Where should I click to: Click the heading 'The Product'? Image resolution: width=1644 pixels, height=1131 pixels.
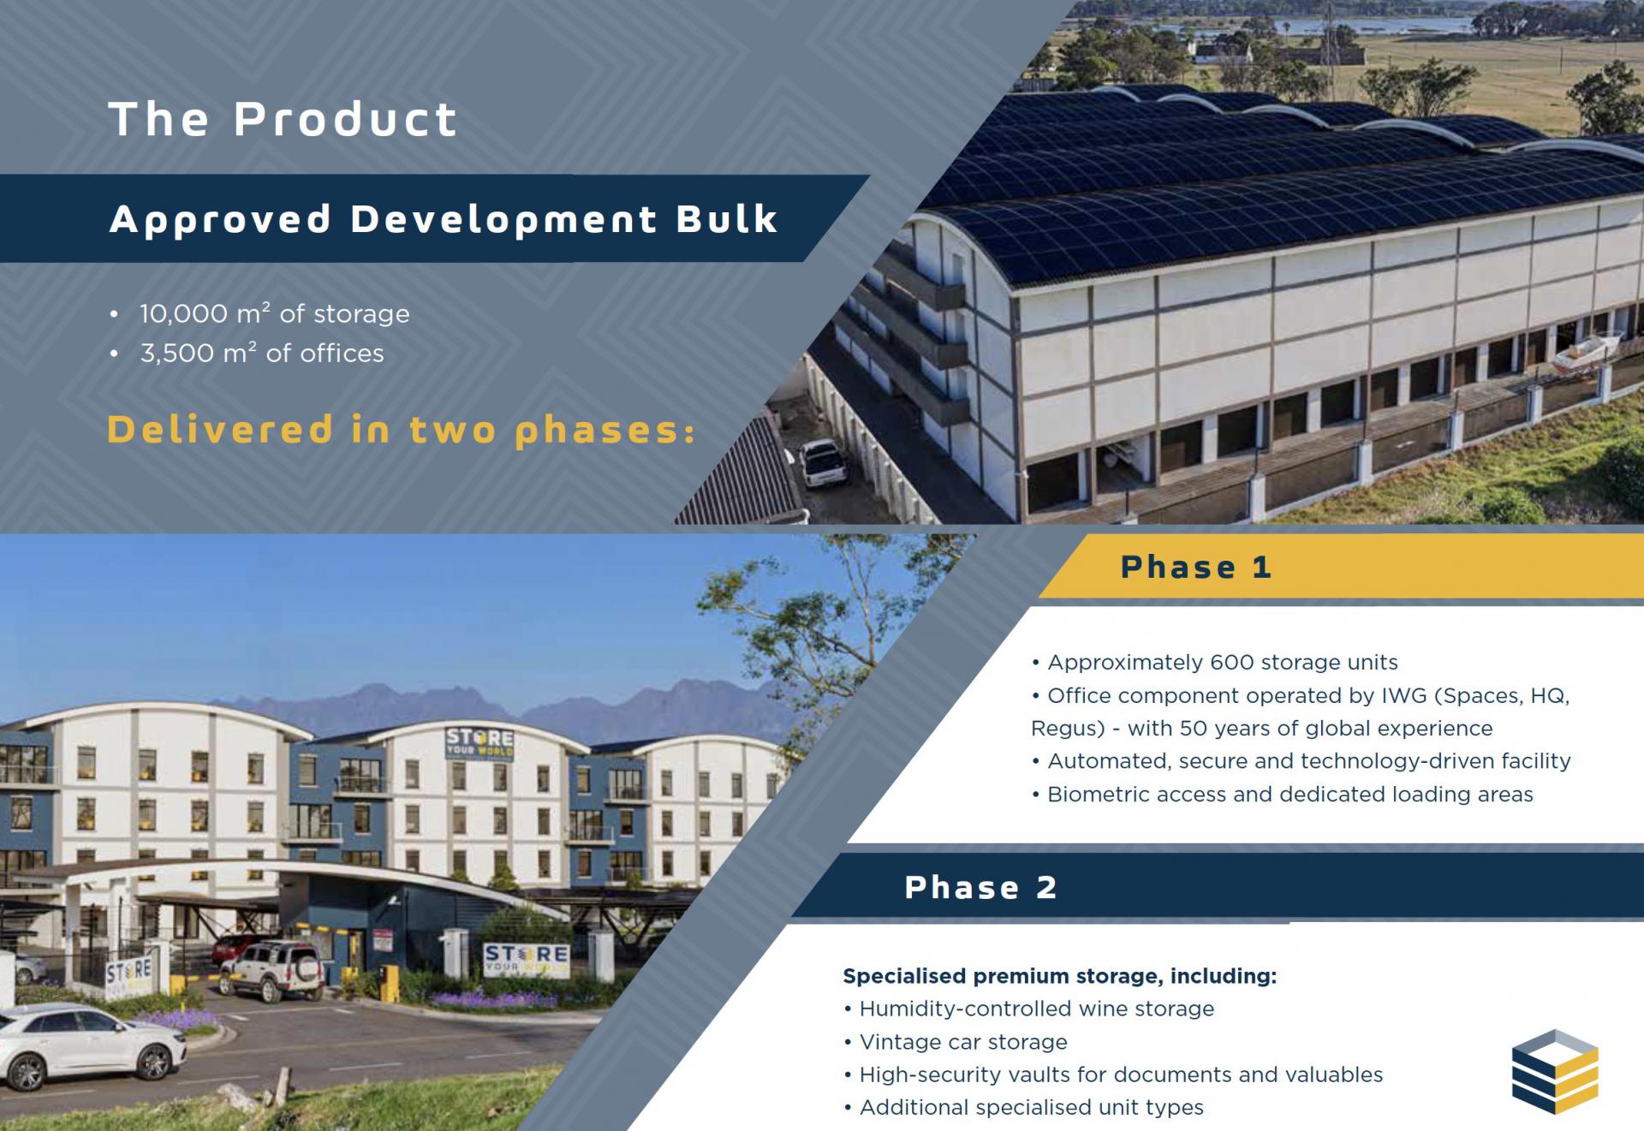point(283,118)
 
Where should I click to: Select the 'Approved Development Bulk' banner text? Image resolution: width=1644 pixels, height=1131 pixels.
point(444,219)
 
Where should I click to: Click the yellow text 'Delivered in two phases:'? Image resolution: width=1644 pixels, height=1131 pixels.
point(401,430)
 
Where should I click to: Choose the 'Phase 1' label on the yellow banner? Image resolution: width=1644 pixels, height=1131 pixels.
point(1195,567)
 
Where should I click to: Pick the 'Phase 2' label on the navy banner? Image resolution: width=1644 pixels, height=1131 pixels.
point(980,888)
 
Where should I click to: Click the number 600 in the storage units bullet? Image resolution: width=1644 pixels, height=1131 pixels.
point(1230,663)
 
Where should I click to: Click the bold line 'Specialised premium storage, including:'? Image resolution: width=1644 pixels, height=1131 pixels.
point(1059,976)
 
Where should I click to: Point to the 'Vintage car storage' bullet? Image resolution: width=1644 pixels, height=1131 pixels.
point(963,1042)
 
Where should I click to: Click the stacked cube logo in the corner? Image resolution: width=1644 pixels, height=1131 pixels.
point(1555,1071)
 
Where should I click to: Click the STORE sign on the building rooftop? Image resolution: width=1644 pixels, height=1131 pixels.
point(479,741)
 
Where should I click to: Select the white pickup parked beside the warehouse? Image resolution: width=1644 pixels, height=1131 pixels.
point(823,462)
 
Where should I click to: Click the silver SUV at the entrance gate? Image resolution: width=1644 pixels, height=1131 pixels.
point(272,970)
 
